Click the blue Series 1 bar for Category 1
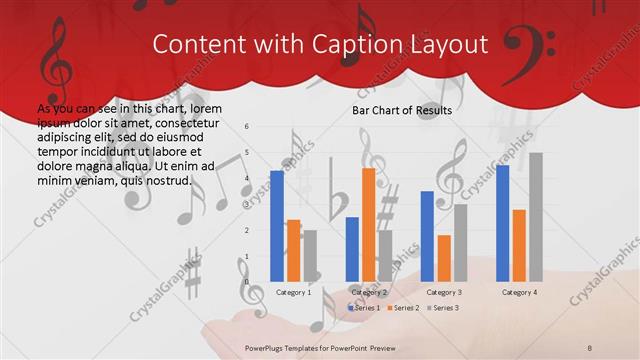pyautogui.click(x=277, y=225)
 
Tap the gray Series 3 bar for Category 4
pyautogui.click(x=536, y=216)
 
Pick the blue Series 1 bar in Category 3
pyautogui.click(x=427, y=235)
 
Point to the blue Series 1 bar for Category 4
pyautogui.click(x=502, y=222)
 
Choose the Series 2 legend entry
pyautogui.click(x=404, y=308)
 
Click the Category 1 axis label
pyautogui.click(x=293, y=292)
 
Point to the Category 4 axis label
pyautogui.click(x=519, y=292)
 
